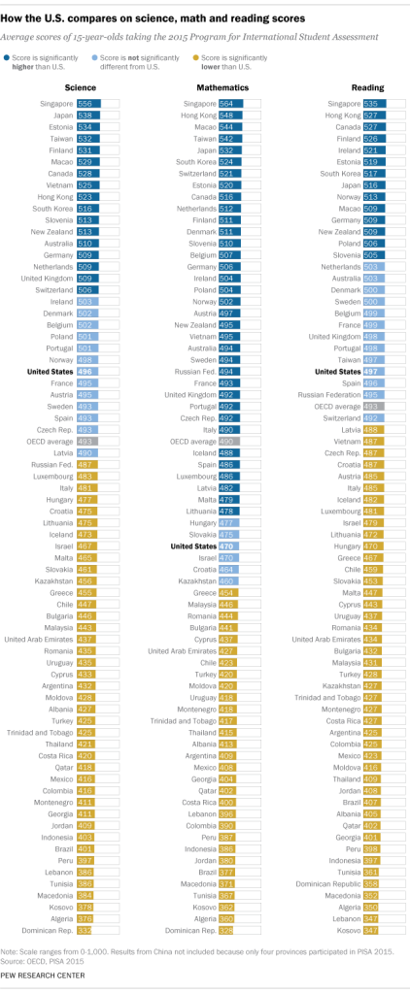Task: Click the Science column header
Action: point(80,87)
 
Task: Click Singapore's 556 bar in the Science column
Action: point(87,103)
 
